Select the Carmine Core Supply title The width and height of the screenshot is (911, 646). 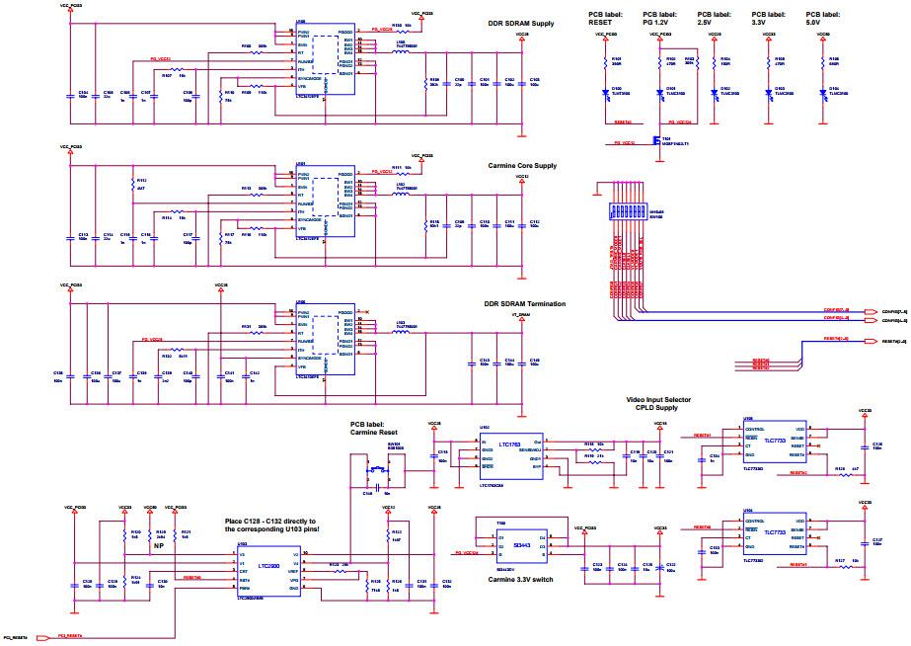click(522, 166)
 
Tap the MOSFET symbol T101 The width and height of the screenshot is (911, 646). click(653, 139)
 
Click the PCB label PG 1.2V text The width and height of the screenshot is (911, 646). click(663, 19)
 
